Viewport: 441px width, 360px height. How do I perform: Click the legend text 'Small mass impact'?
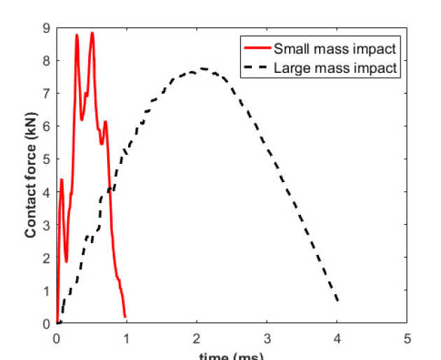[335, 49]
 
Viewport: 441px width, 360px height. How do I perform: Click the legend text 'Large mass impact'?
[336, 69]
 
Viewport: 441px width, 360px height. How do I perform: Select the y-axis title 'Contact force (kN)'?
[31, 176]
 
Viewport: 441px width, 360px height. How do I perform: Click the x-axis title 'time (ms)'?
[231, 356]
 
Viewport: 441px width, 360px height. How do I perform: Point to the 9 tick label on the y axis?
[45, 28]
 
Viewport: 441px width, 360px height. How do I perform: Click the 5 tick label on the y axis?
[45, 160]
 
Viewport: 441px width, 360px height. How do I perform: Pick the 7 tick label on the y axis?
[45, 94]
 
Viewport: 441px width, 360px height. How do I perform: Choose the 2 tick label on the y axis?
[45, 258]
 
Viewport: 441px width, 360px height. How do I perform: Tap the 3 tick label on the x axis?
[267, 338]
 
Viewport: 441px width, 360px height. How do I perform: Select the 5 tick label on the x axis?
[407, 338]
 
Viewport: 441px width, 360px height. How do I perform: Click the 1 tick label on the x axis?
[127, 338]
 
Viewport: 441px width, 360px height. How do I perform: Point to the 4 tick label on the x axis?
[337, 338]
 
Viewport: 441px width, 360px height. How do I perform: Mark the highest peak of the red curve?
[92, 33]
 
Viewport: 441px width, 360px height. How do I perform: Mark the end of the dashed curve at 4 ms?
[338, 301]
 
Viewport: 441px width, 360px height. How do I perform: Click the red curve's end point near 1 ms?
[125, 317]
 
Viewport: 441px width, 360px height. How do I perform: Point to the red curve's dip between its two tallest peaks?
[82, 120]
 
